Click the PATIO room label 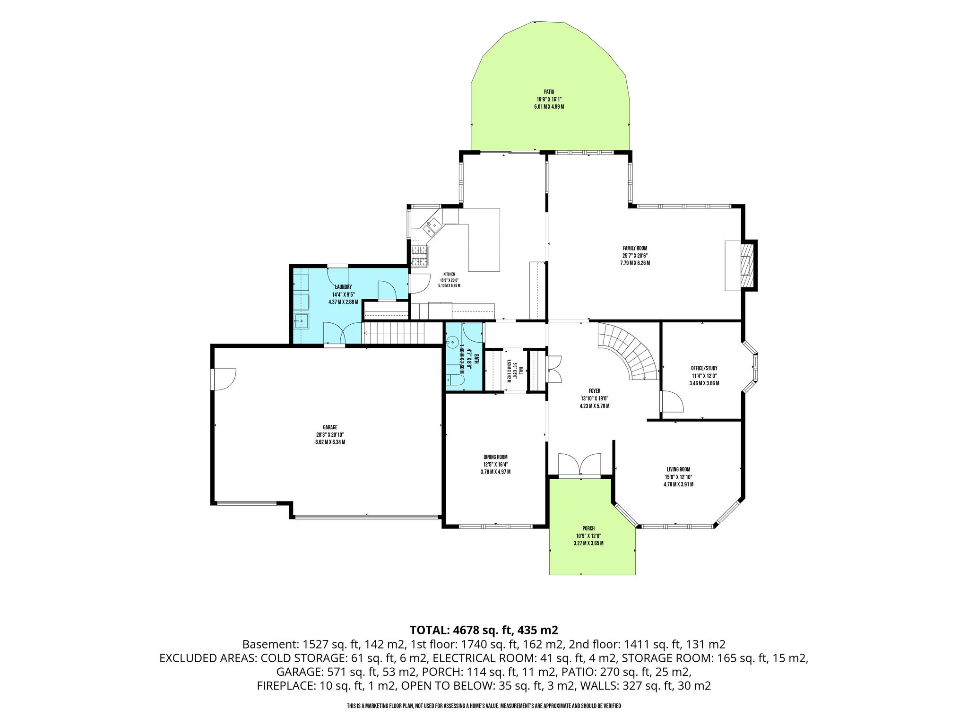click(548, 92)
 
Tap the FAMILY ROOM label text click(635, 248)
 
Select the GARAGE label click(330, 427)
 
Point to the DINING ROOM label click(495, 457)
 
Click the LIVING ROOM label click(678, 469)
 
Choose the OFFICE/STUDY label click(704, 368)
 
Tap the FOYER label click(594, 391)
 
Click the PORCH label click(588, 528)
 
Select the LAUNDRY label click(343, 287)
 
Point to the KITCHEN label click(449, 274)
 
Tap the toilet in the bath click(455, 381)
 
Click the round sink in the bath click(452, 341)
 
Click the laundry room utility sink click(301, 321)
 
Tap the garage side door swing click(224, 380)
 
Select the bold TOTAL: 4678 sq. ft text click(484, 630)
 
